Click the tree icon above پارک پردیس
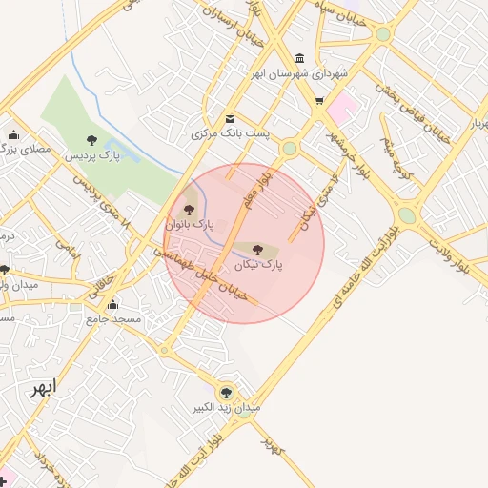tap(91, 140)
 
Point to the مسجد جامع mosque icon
tap(113, 305)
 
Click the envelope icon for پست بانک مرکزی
tap(230, 118)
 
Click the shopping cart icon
tap(318, 99)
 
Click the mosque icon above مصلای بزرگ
tap(13, 134)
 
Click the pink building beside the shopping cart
tap(341, 107)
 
